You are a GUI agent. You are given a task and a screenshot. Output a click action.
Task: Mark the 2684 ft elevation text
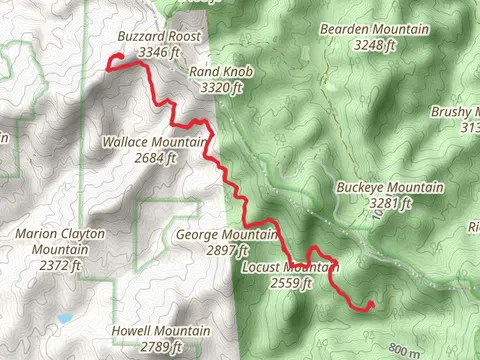tap(153, 156)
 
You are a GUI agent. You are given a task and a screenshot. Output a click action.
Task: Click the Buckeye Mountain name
tap(391, 188)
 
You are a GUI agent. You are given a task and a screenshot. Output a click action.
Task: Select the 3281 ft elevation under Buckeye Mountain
tap(391, 203)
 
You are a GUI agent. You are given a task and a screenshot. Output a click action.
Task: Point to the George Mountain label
tap(226, 235)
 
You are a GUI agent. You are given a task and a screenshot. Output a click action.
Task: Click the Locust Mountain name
tap(292, 267)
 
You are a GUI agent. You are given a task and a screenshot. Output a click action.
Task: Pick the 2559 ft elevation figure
tap(292, 282)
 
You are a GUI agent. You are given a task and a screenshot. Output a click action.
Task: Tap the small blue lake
tap(65, 318)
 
